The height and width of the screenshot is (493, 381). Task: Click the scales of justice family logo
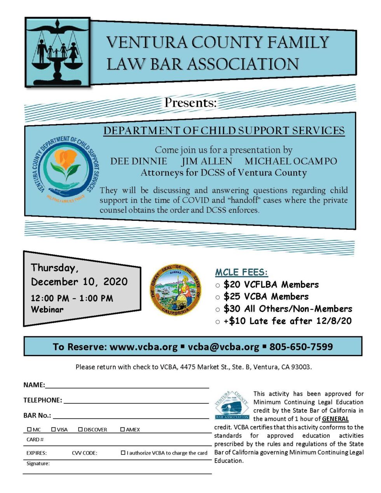pyautogui.click(x=58, y=51)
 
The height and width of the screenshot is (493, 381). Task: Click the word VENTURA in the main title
pyautogui.click(x=147, y=42)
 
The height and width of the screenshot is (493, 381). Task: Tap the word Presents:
pyautogui.click(x=190, y=103)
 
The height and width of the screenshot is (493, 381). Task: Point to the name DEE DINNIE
pyautogui.click(x=138, y=161)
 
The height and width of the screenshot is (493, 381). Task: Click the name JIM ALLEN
pyautogui.click(x=206, y=161)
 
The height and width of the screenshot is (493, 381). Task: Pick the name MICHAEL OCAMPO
pyautogui.click(x=291, y=161)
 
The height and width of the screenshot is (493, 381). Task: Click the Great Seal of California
pyautogui.click(x=176, y=290)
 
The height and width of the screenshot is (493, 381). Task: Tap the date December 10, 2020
pyautogui.click(x=79, y=281)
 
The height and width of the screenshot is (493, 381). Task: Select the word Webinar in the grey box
pyautogui.click(x=47, y=309)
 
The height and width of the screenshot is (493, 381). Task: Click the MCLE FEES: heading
pyautogui.click(x=241, y=272)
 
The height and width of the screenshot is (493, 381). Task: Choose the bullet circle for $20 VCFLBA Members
pyautogui.click(x=218, y=286)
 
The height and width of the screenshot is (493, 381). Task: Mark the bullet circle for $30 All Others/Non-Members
pyautogui.click(x=218, y=310)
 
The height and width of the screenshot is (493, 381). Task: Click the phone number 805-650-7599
pyautogui.click(x=301, y=347)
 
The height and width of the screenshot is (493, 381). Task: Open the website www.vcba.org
pyautogui.click(x=143, y=347)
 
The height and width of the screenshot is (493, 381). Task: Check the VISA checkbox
pyautogui.click(x=54, y=430)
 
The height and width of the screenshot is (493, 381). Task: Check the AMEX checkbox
pyautogui.click(x=122, y=430)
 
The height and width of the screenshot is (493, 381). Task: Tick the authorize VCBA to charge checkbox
pyautogui.click(x=123, y=453)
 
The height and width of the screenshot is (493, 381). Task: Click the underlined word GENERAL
pyautogui.click(x=335, y=419)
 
